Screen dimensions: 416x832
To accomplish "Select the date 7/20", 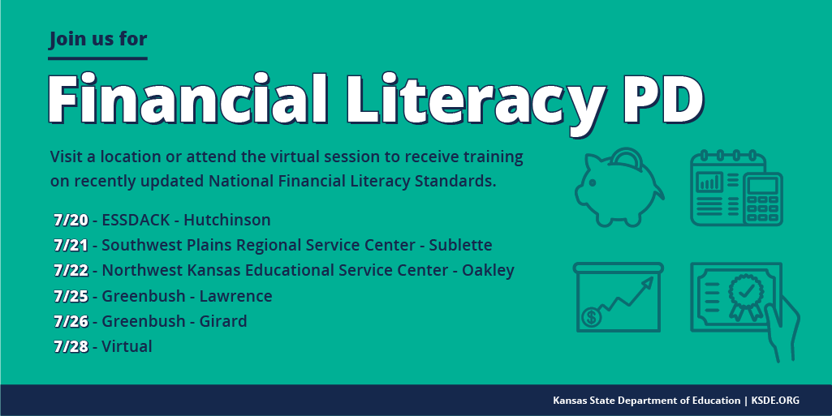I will [x=70, y=220].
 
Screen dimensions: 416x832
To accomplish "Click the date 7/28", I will [x=70, y=346].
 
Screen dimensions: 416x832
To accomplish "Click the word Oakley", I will [x=488, y=270].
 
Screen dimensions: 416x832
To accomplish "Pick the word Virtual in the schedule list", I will [x=127, y=346].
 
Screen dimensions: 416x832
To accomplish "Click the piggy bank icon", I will [x=617, y=187].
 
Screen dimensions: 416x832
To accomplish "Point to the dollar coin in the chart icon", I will [x=592, y=317].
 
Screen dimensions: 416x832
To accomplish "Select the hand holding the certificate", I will [x=782, y=328].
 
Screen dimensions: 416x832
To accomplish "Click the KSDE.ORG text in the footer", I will [x=774, y=401].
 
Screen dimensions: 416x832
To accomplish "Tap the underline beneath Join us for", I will [x=97, y=58].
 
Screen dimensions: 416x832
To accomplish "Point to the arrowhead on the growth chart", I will [x=647, y=281].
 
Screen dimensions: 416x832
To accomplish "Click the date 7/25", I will [x=70, y=296].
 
